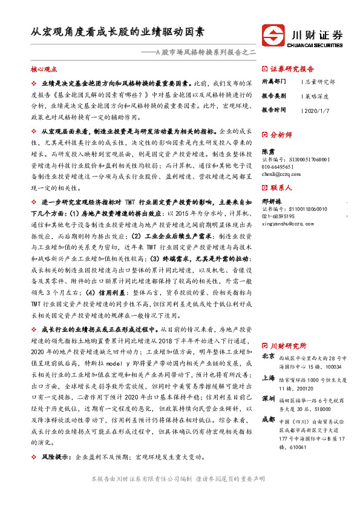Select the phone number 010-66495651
(x=278, y=166)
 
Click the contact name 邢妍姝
(x=272, y=201)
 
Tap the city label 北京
(x=268, y=356)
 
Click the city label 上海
(x=268, y=377)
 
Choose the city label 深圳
(x=268, y=398)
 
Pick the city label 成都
(x=268, y=419)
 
